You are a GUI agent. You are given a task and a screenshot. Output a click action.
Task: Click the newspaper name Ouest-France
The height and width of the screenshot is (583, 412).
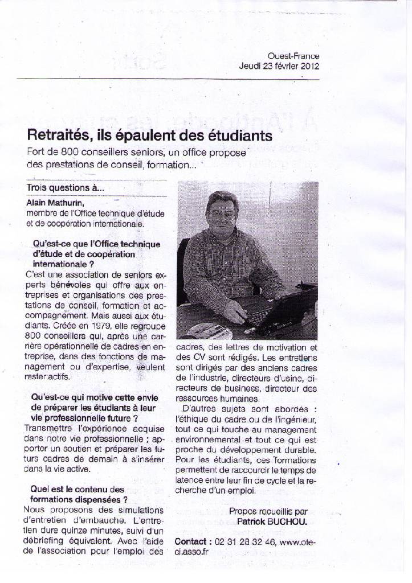[293, 56]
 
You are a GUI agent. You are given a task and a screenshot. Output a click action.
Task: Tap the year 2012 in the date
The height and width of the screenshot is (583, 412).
[307, 65]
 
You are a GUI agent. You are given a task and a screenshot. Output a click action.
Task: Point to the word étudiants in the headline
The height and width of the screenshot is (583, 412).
[234, 136]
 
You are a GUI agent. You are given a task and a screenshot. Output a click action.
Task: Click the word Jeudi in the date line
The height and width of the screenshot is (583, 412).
[249, 65]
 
